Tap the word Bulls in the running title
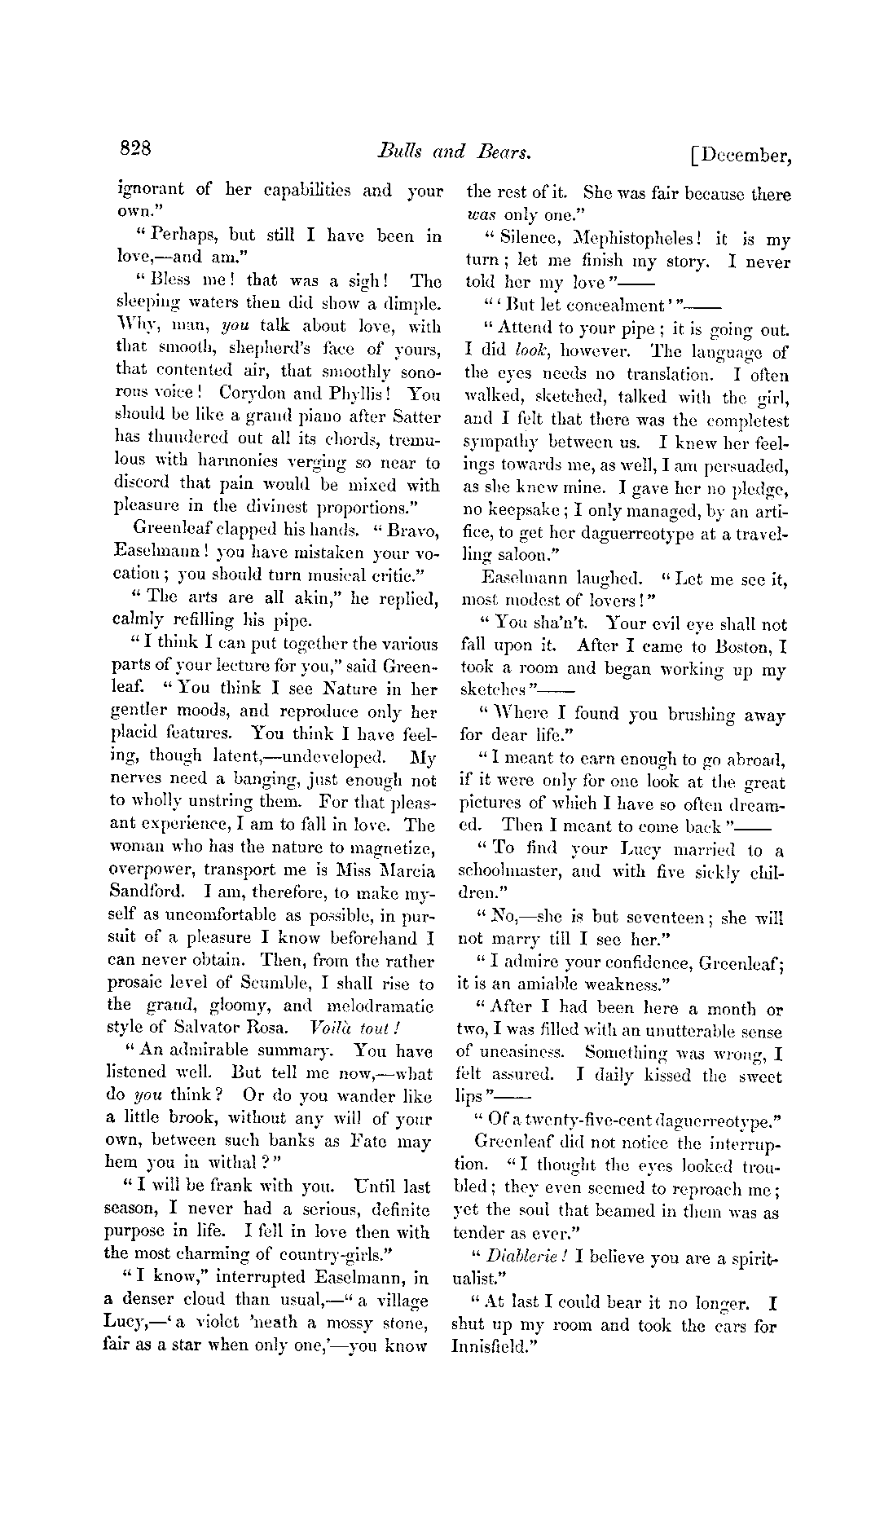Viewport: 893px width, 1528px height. (x=398, y=152)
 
